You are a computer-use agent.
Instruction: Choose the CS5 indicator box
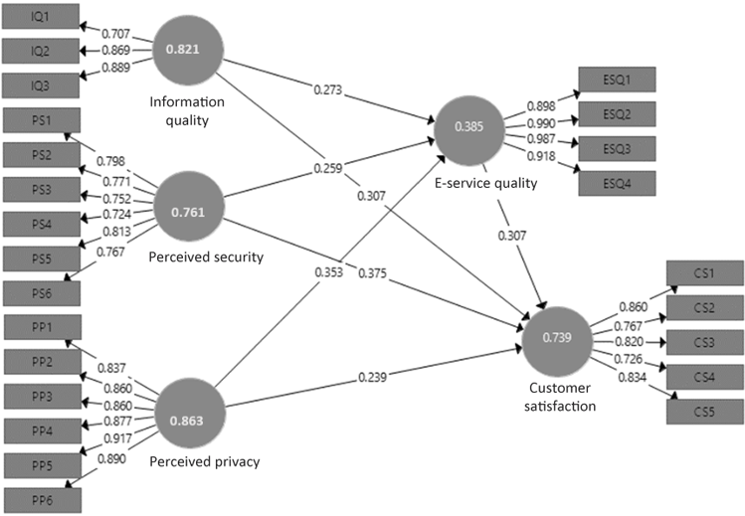(703, 412)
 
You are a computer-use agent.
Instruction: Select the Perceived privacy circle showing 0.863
(193, 421)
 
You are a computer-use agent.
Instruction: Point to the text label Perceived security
(205, 258)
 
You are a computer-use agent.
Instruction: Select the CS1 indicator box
(703, 272)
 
